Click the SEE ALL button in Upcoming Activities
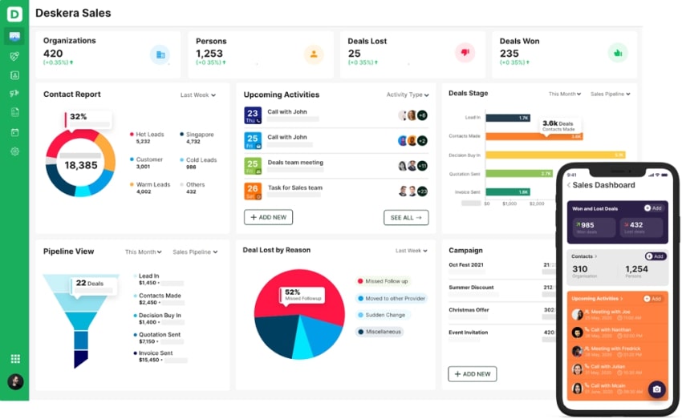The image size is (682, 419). pos(406,217)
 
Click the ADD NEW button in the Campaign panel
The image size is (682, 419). pos(472,373)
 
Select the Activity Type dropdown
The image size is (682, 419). pos(408,95)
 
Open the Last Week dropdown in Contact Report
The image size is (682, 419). pos(197,95)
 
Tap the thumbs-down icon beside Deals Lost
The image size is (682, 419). pos(465,54)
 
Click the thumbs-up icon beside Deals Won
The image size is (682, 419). pos(617,54)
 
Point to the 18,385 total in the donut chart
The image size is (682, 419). pos(80,165)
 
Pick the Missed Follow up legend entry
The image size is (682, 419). pos(386,281)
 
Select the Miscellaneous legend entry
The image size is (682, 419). pos(384,332)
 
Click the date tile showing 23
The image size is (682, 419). pos(252,115)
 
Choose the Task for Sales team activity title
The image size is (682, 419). pos(294,187)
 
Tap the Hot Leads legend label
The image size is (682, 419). pos(150,135)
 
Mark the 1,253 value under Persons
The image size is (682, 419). pos(209,54)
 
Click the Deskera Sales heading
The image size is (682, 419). pos(73,13)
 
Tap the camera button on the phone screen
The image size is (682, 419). pos(656,389)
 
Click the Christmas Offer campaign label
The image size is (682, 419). pos(469,310)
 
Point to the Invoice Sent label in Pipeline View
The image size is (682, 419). pos(156,353)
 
